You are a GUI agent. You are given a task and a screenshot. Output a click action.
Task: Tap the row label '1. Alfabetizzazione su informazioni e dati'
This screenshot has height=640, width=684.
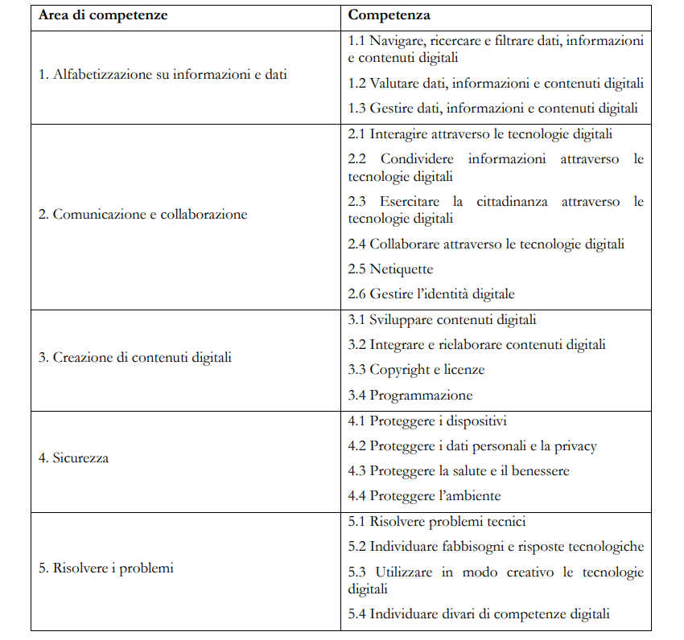coord(163,75)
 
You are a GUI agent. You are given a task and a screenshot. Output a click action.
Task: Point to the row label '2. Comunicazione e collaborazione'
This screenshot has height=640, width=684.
coord(143,215)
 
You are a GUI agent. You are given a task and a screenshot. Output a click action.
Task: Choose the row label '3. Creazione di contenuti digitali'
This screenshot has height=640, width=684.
coord(135,357)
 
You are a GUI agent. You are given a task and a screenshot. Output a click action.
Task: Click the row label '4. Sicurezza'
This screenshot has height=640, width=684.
coord(74,458)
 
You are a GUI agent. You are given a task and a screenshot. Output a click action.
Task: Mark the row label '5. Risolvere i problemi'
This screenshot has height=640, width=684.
coord(106,568)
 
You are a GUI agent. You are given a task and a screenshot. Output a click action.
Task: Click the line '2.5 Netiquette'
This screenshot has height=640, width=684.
coord(390,269)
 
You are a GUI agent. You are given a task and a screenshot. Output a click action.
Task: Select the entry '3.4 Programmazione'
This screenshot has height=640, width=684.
coord(410,395)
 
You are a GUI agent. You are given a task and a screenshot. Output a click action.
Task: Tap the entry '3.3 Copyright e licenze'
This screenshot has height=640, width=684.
coord(416,370)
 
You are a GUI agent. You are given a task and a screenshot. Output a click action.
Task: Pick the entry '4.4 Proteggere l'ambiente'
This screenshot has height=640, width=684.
coord(424,495)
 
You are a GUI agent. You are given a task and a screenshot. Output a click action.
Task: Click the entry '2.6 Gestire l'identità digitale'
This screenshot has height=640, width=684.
coord(431,293)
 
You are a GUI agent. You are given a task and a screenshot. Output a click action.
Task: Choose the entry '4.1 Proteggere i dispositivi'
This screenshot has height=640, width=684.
coord(427,421)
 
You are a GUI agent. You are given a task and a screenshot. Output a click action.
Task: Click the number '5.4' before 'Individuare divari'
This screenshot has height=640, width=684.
coord(357,614)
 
